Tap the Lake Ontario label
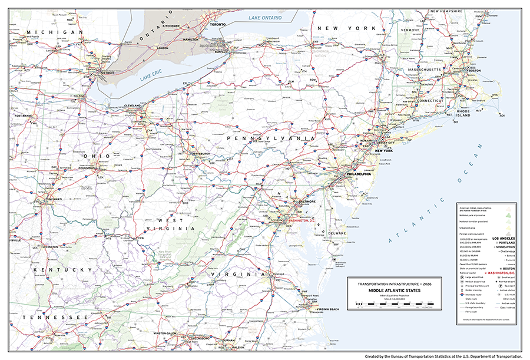coord(265,18)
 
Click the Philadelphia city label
coord(358,174)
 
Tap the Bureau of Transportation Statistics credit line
coord(443,356)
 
